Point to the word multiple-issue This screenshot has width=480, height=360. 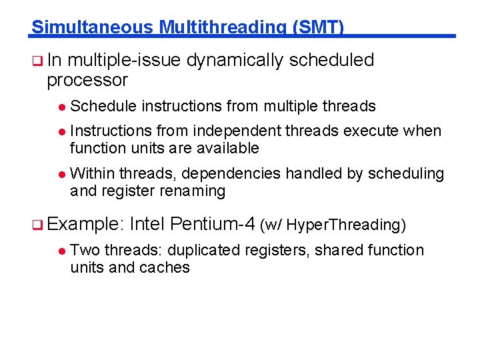(x=124, y=61)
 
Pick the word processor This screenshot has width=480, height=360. (x=87, y=81)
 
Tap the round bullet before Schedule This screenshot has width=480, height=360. (x=61, y=107)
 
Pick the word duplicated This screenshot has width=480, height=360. (x=205, y=251)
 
